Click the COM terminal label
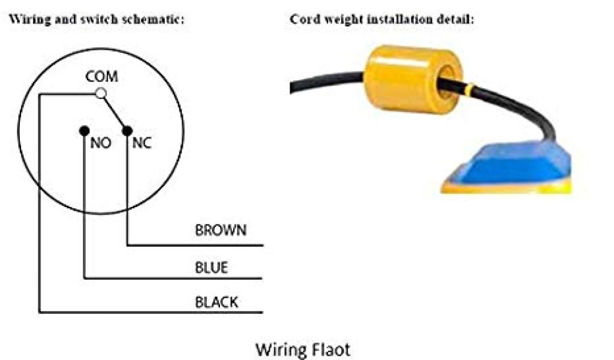[101, 77]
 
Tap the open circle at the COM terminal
[101, 93]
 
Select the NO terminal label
[100, 143]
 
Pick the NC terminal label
[142, 143]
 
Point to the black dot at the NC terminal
[127, 129]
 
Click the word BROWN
[220, 230]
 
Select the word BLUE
[211, 267]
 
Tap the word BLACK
[216, 302]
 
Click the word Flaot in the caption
[329, 349]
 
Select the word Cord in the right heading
[303, 19]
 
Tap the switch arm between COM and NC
[114, 111]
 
